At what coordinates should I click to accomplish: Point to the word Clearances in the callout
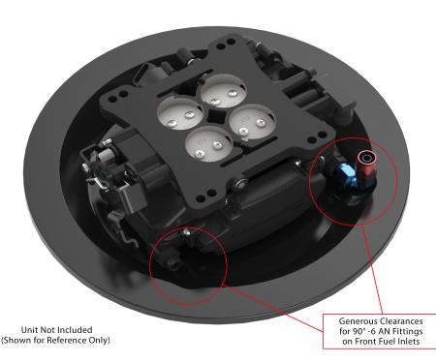pos(404,321)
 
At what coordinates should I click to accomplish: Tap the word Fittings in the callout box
pos(406,332)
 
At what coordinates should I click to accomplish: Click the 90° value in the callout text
pos(358,332)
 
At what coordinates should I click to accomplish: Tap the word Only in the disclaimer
pos(98,340)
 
